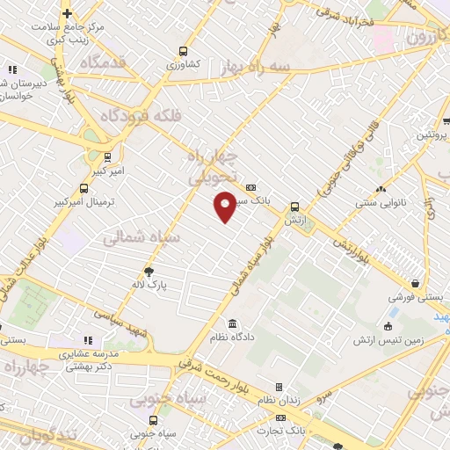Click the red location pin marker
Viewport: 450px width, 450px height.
click(225, 206)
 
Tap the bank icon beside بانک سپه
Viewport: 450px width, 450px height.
click(251, 187)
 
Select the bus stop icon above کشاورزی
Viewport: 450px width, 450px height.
click(183, 51)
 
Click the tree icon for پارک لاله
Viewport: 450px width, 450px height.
click(149, 272)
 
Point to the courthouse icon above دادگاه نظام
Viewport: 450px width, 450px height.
click(232, 323)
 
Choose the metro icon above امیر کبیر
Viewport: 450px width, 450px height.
click(107, 158)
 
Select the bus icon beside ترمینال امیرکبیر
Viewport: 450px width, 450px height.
click(84, 188)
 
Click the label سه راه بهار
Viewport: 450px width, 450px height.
click(258, 68)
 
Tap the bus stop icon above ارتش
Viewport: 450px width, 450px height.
click(294, 207)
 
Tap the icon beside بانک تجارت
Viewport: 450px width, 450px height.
click(280, 417)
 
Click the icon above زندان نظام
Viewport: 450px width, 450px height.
click(279, 387)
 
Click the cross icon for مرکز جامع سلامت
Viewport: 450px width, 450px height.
click(67, 13)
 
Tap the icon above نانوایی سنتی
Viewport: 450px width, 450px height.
click(381, 191)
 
